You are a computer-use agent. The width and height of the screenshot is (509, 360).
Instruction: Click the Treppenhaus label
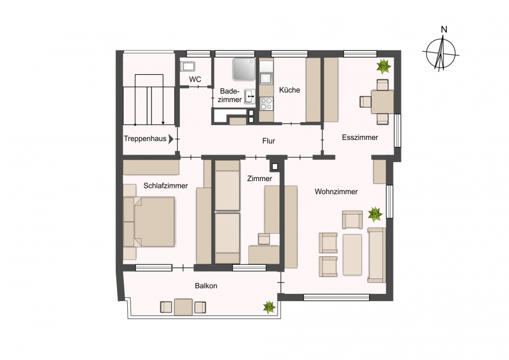pos(145,139)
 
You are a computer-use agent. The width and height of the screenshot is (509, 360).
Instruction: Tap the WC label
pos(195,79)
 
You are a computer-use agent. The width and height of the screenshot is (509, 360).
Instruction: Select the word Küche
pos(290,90)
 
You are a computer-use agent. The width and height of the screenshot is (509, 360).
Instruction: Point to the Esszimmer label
pos(360,138)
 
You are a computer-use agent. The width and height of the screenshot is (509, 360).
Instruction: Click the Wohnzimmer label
pos(337,192)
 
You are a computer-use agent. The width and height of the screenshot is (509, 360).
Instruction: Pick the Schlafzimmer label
pos(166,186)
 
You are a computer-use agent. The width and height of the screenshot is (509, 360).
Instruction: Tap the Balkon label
pos(206,286)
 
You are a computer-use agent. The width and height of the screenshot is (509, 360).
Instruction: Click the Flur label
pos(269,141)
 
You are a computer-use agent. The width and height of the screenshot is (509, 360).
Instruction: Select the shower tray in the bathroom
pos(244,69)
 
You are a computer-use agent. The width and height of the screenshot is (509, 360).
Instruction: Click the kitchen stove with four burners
pos(266,104)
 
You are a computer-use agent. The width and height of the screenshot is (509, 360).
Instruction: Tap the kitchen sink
pos(266,78)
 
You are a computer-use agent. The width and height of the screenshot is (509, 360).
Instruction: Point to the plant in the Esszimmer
pos(383,66)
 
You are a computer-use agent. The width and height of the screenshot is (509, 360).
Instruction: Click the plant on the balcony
pos(269,307)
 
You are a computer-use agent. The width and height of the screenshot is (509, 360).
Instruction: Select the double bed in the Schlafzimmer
pos(149,222)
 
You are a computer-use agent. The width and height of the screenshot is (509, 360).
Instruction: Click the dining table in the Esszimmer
pos(382,102)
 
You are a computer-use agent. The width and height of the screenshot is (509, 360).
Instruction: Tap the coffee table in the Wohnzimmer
pos(352,255)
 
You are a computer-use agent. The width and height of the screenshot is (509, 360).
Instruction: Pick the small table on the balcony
pos(183,307)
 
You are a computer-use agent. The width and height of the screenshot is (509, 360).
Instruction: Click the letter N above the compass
pos(444,29)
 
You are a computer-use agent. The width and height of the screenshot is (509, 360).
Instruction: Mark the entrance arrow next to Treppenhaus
pos(171,139)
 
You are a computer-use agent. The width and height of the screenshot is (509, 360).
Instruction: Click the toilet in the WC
pos(187,66)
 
